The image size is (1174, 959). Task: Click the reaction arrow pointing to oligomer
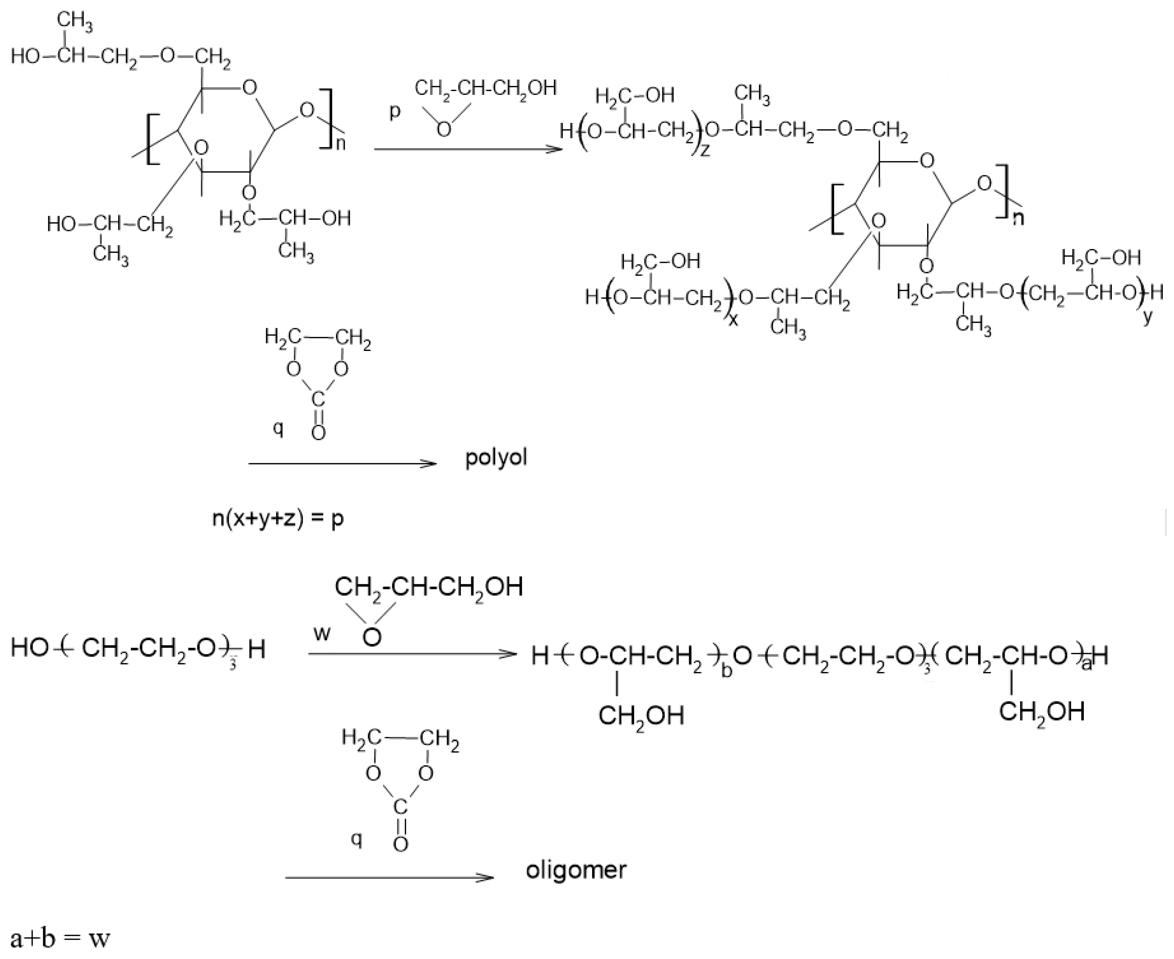pyautogui.click(x=389, y=877)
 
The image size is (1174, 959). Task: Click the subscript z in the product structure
pyautogui.click(x=705, y=150)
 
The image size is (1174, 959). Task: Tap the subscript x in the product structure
pyautogui.click(x=733, y=319)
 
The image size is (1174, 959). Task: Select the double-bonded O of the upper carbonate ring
pyautogui.click(x=318, y=433)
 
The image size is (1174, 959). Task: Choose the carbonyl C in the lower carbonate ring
pyautogui.click(x=400, y=807)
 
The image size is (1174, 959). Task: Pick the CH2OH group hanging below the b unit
pyautogui.click(x=641, y=716)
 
